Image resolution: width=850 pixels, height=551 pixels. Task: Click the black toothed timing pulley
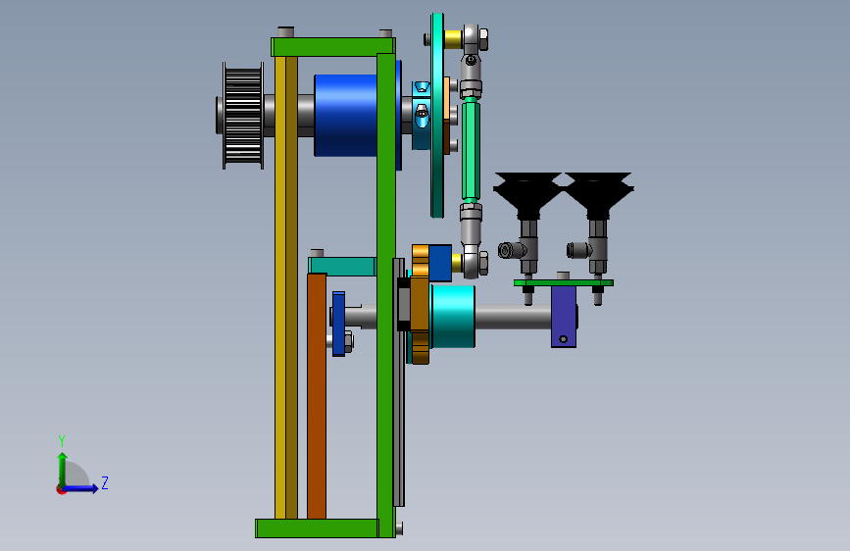click(x=243, y=116)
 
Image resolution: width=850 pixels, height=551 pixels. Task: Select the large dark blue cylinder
click(x=346, y=116)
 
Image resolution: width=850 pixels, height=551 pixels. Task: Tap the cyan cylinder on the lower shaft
click(x=453, y=317)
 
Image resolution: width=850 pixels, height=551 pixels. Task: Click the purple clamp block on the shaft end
click(x=564, y=317)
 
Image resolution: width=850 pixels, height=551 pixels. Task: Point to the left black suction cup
click(x=526, y=191)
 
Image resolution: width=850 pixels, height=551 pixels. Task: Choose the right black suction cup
click(x=598, y=191)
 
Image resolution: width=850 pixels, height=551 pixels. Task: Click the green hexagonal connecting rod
click(x=471, y=150)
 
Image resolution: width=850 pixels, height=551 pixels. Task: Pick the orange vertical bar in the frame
click(x=317, y=396)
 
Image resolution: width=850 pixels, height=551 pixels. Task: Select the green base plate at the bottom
click(x=317, y=528)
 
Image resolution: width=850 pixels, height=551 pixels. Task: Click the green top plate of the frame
click(x=333, y=47)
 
